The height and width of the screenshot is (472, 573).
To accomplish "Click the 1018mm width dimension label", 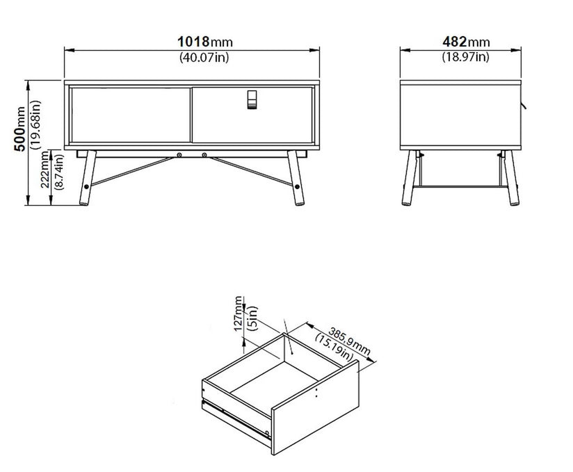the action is pos(205,42).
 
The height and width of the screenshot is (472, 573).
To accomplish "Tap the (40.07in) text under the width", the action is pos(204,57).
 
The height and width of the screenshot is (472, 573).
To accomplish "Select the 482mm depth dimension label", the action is pos(466,42).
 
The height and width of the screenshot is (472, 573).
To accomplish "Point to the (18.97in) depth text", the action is pos(466,56).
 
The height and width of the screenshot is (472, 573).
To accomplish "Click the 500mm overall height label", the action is pos(19,129).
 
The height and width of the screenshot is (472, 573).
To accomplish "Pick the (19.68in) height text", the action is pos(36,125).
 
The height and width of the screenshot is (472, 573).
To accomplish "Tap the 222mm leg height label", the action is pos(45,169).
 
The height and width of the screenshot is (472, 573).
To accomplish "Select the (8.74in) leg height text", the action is pos(58,172).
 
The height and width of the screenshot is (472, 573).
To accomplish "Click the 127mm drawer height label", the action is pos(238,314).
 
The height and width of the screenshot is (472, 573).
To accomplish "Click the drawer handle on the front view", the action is pos(252,99).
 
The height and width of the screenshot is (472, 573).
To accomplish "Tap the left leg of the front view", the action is pos(88,177).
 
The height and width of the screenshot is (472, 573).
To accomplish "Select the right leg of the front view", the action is pos(296,177).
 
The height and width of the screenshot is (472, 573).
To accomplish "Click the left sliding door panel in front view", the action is pos(131,115).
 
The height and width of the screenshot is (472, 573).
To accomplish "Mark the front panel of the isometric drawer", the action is pos(315,407).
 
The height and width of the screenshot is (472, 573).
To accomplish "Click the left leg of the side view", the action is pos(410,177).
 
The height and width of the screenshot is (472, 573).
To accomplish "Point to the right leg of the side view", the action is pos(511,177).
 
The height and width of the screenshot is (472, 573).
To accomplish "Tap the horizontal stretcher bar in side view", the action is pos(460,186).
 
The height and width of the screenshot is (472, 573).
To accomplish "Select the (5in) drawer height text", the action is pos(252,318).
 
